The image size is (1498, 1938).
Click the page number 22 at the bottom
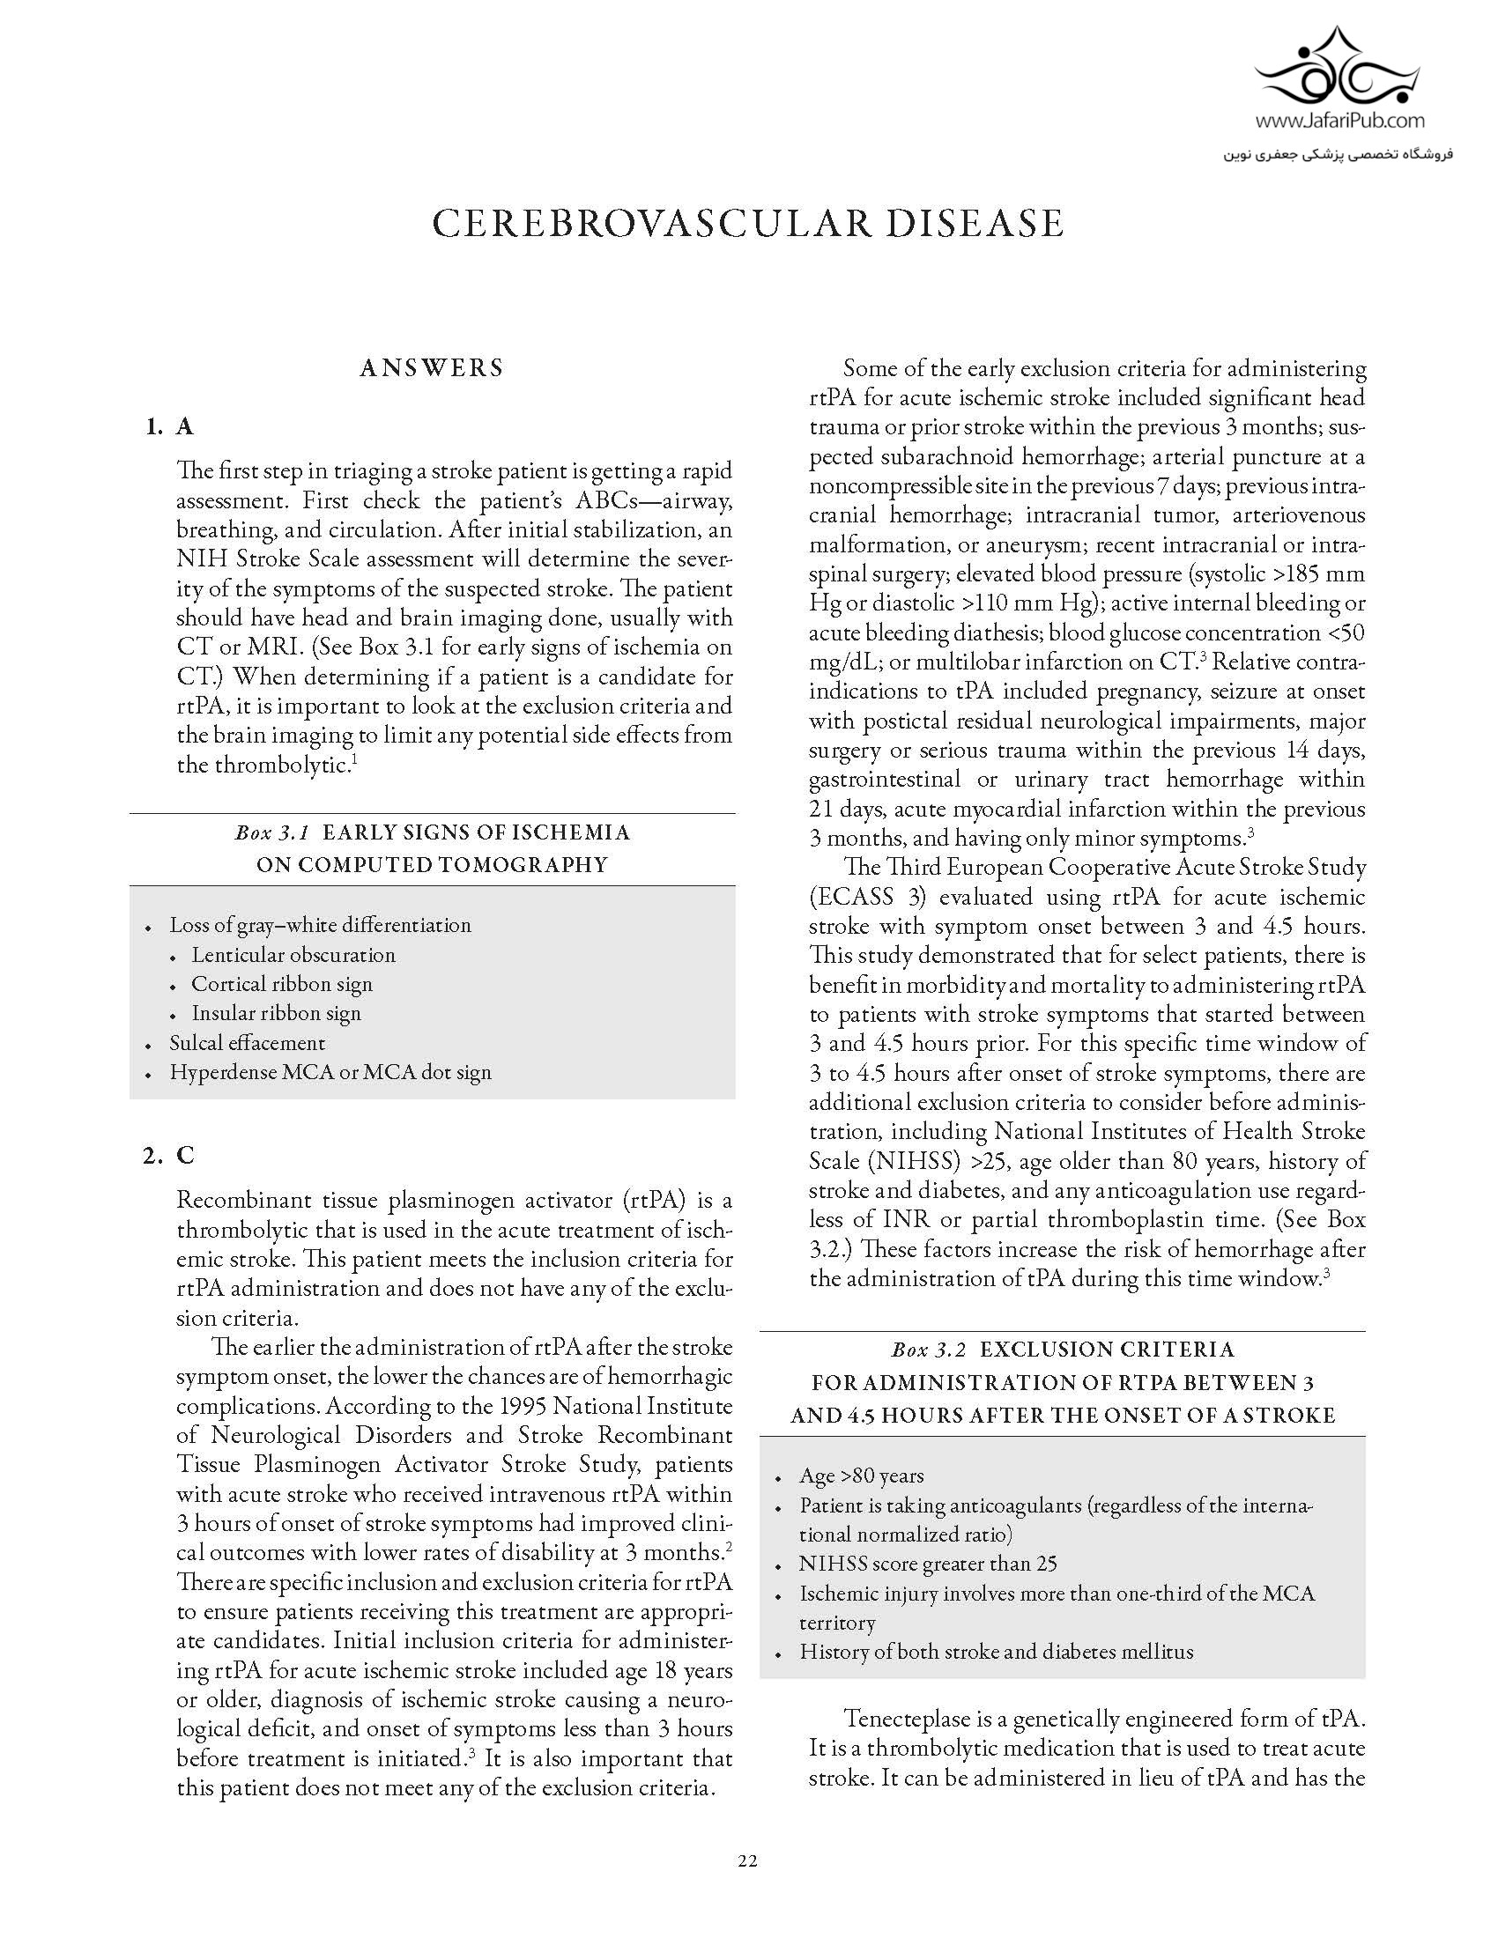tap(747, 1860)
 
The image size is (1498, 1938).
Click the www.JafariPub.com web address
tap(1340, 121)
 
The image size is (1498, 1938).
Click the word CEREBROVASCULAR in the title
tap(645, 224)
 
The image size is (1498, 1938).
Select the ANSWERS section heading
tap(431, 368)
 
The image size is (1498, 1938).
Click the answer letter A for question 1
tap(184, 427)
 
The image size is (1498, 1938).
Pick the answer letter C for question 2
tap(184, 1156)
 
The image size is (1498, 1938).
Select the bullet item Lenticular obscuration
tap(293, 955)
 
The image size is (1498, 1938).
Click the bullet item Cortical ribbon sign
tap(281, 984)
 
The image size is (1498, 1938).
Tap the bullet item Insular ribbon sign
tap(276, 1013)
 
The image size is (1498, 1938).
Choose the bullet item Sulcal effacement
tap(248, 1043)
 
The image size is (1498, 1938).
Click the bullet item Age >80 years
tap(861, 1476)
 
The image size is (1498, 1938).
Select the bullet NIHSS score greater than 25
tap(927, 1564)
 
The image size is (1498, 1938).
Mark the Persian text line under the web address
tap(1339, 154)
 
